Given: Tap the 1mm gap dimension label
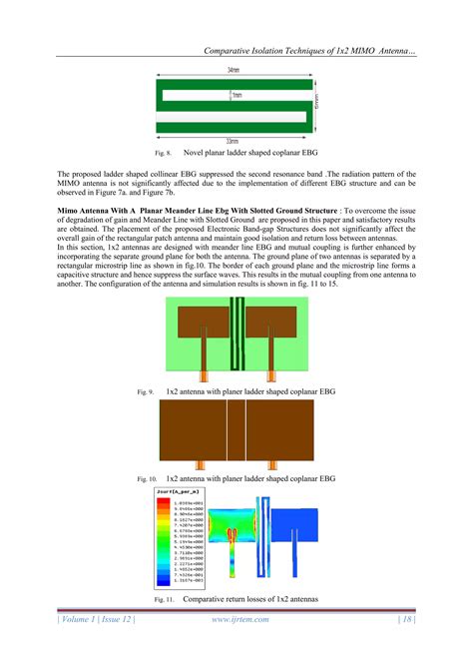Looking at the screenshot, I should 236,96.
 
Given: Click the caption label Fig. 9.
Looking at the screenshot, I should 145,392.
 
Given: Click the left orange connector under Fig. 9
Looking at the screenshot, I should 201,377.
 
